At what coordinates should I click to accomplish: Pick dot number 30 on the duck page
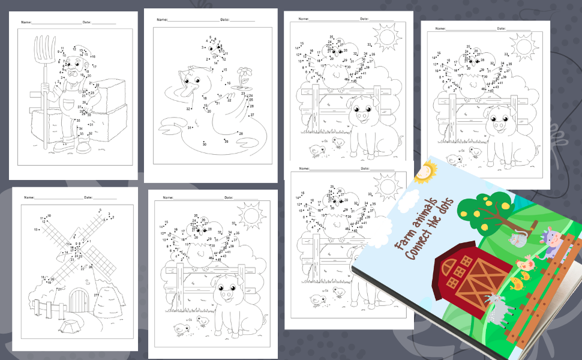204,144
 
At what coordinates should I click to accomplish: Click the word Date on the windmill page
88,197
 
